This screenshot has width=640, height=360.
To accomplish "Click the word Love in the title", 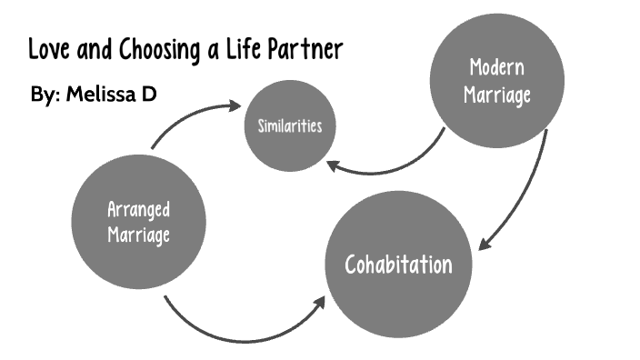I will tap(47, 48).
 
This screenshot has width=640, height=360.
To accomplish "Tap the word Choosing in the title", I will tap(151, 49).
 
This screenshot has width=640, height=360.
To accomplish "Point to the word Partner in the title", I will tap(306, 48).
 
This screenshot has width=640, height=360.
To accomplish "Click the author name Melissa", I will tap(102, 93).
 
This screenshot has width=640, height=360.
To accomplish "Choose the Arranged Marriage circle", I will tap(138, 221).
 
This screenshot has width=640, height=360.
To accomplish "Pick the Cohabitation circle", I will tap(398, 264).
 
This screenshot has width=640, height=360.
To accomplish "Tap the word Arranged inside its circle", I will tap(139, 208).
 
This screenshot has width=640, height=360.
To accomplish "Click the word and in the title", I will tap(92, 48).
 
